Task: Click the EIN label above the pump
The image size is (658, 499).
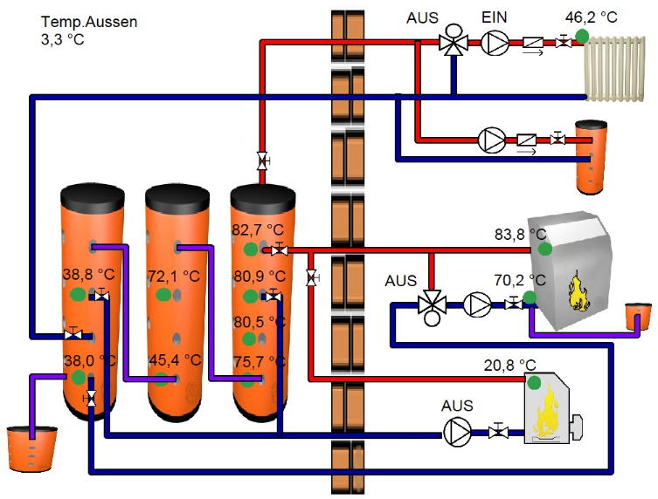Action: [x=495, y=17]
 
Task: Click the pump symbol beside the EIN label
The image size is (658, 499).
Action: [x=495, y=41]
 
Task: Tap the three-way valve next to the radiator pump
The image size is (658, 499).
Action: [x=453, y=42]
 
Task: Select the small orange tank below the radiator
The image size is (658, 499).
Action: [x=591, y=156]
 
